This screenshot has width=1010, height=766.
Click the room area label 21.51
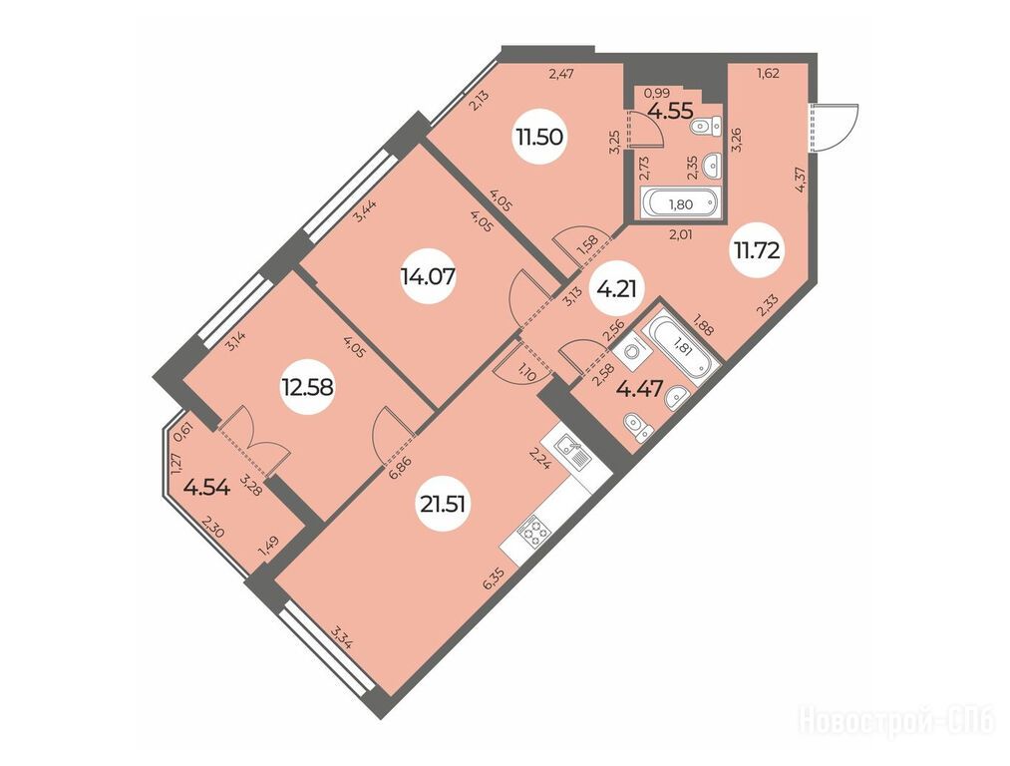click(x=442, y=505)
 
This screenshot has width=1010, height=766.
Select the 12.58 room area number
click(x=307, y=387)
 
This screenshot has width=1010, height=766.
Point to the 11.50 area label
click(x=539, y=137)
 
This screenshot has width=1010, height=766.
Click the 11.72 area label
click(x=756, y=250)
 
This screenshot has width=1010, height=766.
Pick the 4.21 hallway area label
click(x=616, y=289)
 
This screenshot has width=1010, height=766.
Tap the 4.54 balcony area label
click(x=206, y=487)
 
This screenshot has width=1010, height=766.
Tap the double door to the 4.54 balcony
click(x=252, y=439)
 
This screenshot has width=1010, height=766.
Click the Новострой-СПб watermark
click(x=896, y=719)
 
